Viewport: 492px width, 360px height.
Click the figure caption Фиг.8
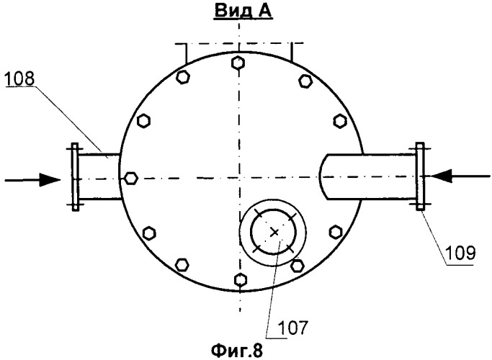[237, 351]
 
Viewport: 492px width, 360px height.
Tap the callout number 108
[19, 78]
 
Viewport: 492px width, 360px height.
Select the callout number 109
[460, 253]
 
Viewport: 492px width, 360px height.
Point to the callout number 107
[293, 328]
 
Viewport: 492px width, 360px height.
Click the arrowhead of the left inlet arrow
[50, 180]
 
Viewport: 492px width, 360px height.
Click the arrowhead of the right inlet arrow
[441, 176]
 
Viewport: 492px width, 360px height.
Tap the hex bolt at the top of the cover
[238, 63]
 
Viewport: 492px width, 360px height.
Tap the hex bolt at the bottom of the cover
[240, 279]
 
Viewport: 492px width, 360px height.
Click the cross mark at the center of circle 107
[275, 233]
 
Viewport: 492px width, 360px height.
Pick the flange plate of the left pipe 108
[75, 177]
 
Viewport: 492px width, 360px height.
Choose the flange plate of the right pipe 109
[420, 176]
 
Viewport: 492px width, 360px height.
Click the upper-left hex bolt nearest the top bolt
[183, 77]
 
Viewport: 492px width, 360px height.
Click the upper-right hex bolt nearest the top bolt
[305, 81]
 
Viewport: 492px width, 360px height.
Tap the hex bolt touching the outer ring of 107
[297, 266]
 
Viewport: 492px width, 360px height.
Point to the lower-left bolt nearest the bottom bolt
[182, 264]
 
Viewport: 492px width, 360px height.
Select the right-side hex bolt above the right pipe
[340, 121]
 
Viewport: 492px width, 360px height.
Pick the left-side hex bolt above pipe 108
[143, 121]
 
